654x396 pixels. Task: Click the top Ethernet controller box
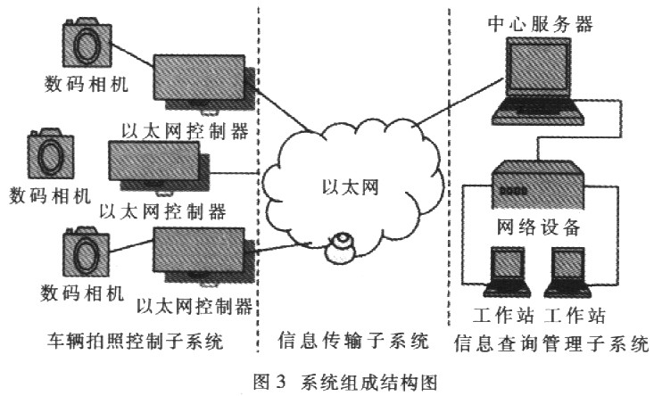(x=202, y=81)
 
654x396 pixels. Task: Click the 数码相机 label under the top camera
(x=87, y=85)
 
